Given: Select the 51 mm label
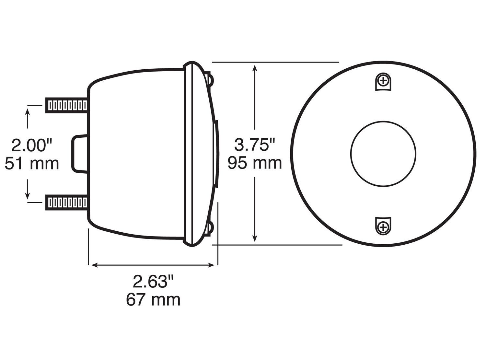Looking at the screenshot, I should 32,163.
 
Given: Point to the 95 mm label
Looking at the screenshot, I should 255,163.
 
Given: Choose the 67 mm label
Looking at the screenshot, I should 153,299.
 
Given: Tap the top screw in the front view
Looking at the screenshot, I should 383,81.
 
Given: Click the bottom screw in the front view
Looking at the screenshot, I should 383,227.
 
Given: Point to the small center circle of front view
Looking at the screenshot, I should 383,154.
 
